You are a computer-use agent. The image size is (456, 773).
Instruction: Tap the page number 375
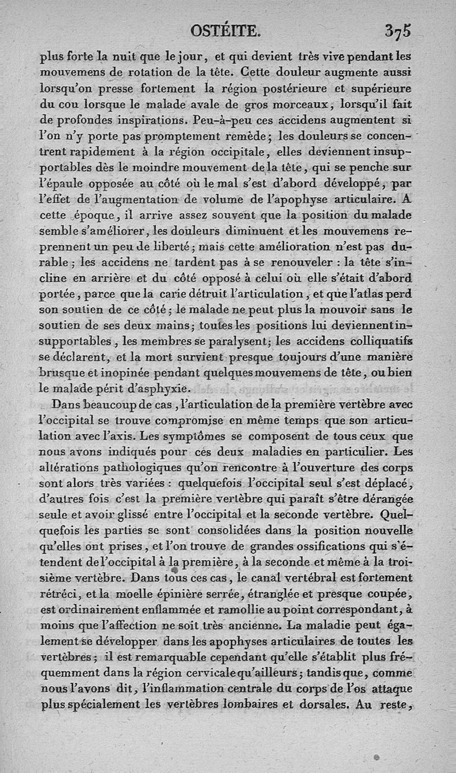pos(398,30)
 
